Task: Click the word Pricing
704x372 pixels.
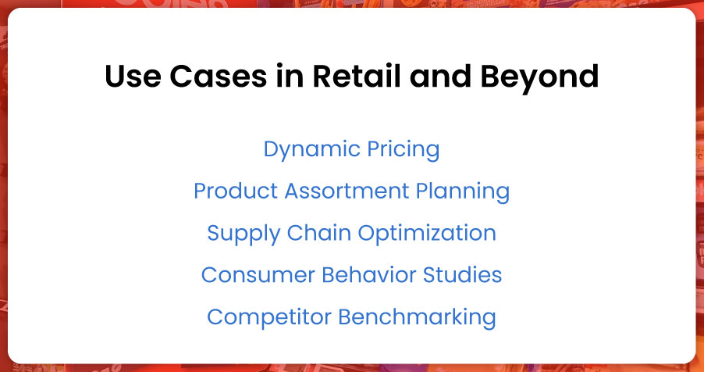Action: [x=401, y=150]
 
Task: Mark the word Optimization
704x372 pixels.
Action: [x=421, y=234]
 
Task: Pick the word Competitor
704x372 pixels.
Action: [x=268, y=317]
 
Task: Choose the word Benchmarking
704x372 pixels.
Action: [x=417, y=317]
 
